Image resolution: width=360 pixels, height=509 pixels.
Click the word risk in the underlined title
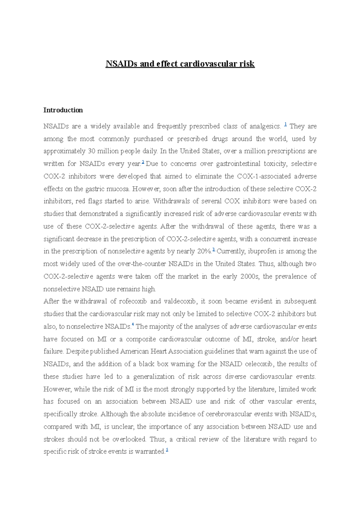click(247, 64)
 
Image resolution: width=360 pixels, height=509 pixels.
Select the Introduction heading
click(63, 110)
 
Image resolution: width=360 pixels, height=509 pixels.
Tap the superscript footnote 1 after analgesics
click(285, 124)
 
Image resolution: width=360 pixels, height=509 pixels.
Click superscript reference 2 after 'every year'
click(143, 162)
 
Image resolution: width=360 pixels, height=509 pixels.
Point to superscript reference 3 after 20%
click(214, 250)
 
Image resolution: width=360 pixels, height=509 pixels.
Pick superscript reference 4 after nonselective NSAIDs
click(133, 325)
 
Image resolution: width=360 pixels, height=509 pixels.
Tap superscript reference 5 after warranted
click(167, 450)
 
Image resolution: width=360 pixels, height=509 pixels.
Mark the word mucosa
click(118, 189)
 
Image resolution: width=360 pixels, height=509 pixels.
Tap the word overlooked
click(129, 439)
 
